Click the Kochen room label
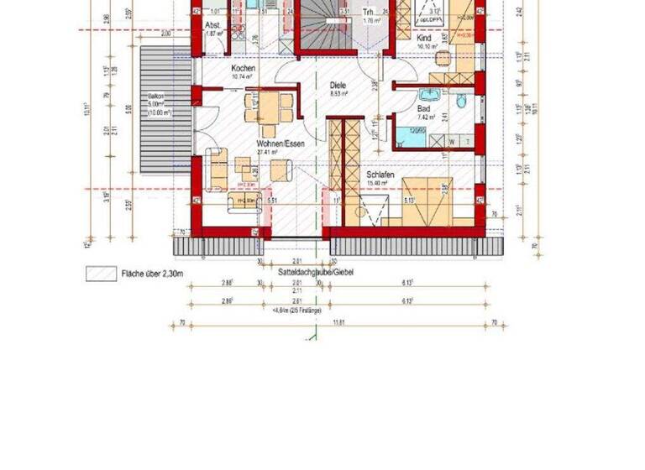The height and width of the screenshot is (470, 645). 244,68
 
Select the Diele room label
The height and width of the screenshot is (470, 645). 338,85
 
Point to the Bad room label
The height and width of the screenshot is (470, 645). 424,109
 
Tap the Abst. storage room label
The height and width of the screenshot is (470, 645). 215,25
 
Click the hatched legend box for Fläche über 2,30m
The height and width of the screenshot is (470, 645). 100,273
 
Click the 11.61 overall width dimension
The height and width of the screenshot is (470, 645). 339,321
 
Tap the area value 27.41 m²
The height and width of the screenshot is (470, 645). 268,153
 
